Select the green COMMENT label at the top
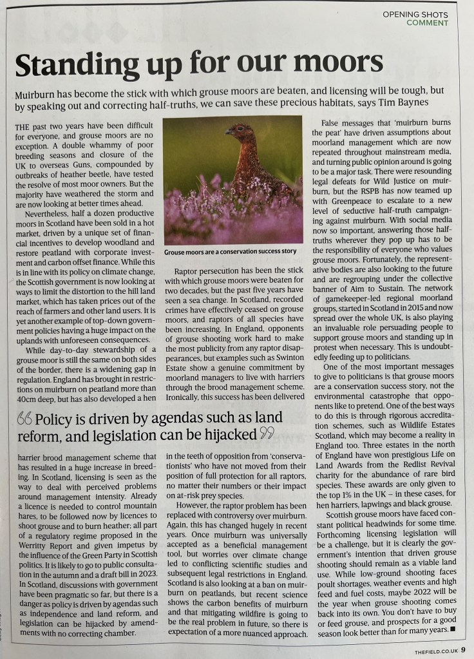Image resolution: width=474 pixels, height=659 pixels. [427, 23]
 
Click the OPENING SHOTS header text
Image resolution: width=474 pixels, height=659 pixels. [415, 14]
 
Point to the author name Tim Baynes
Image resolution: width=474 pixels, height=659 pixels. [403, 102]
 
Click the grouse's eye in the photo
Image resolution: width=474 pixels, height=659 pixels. [235, 128]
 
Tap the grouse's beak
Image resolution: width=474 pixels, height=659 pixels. [227, 131]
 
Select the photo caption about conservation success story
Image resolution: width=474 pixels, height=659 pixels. [230, 252]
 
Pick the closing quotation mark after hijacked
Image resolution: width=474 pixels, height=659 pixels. [265, 434]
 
